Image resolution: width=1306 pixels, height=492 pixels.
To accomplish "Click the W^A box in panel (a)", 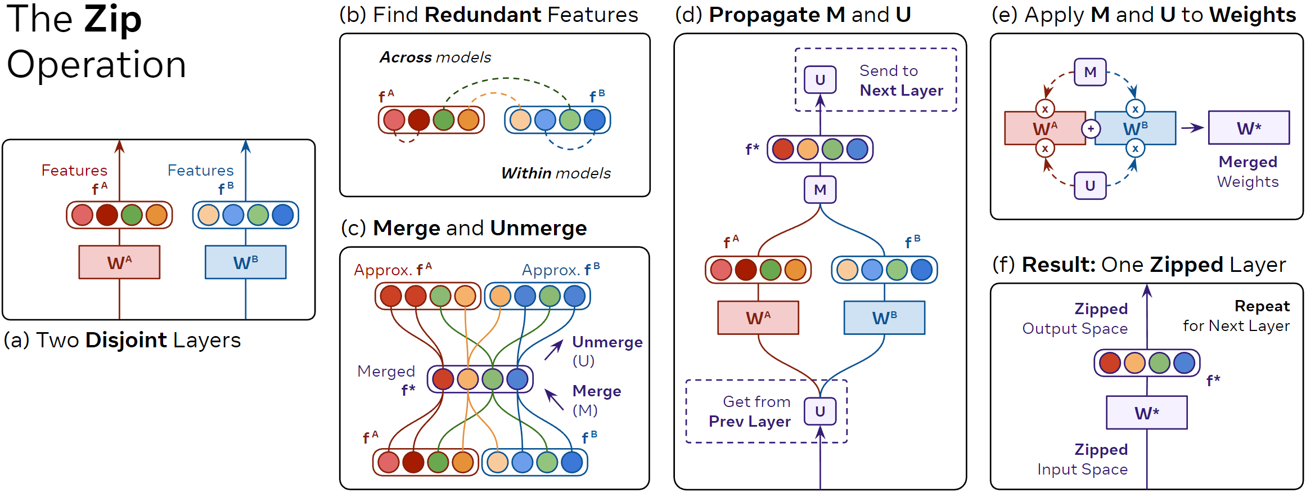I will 119,262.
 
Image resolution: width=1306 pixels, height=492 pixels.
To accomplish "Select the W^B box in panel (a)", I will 245,262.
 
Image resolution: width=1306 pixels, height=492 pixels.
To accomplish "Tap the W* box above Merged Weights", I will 1249,128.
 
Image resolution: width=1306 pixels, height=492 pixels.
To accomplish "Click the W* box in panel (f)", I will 1147,413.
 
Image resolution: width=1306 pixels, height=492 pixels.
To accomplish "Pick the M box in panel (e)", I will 1090,72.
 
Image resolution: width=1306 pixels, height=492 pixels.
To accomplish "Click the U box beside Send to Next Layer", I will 820,79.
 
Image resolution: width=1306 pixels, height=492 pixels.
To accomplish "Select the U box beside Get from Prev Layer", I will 820,412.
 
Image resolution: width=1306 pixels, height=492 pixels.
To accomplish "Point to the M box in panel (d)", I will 820,190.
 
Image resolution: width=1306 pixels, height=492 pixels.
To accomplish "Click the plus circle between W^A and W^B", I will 1091,129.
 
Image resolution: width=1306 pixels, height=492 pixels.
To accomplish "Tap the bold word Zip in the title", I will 112,19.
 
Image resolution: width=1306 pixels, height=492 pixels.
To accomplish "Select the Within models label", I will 556,173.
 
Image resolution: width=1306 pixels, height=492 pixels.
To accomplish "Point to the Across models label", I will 435,57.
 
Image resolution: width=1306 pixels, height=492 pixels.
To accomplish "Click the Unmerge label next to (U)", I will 607,342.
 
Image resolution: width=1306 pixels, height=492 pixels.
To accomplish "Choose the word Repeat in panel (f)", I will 1262,306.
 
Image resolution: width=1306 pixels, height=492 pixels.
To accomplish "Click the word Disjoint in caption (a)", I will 126,340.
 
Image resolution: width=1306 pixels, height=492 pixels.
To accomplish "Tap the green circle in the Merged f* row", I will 493,379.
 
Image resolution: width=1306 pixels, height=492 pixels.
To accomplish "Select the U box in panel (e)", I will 1090,186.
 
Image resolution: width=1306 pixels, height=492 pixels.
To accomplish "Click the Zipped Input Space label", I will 1083,459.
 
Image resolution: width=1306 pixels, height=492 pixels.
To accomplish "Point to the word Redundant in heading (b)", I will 483,15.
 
